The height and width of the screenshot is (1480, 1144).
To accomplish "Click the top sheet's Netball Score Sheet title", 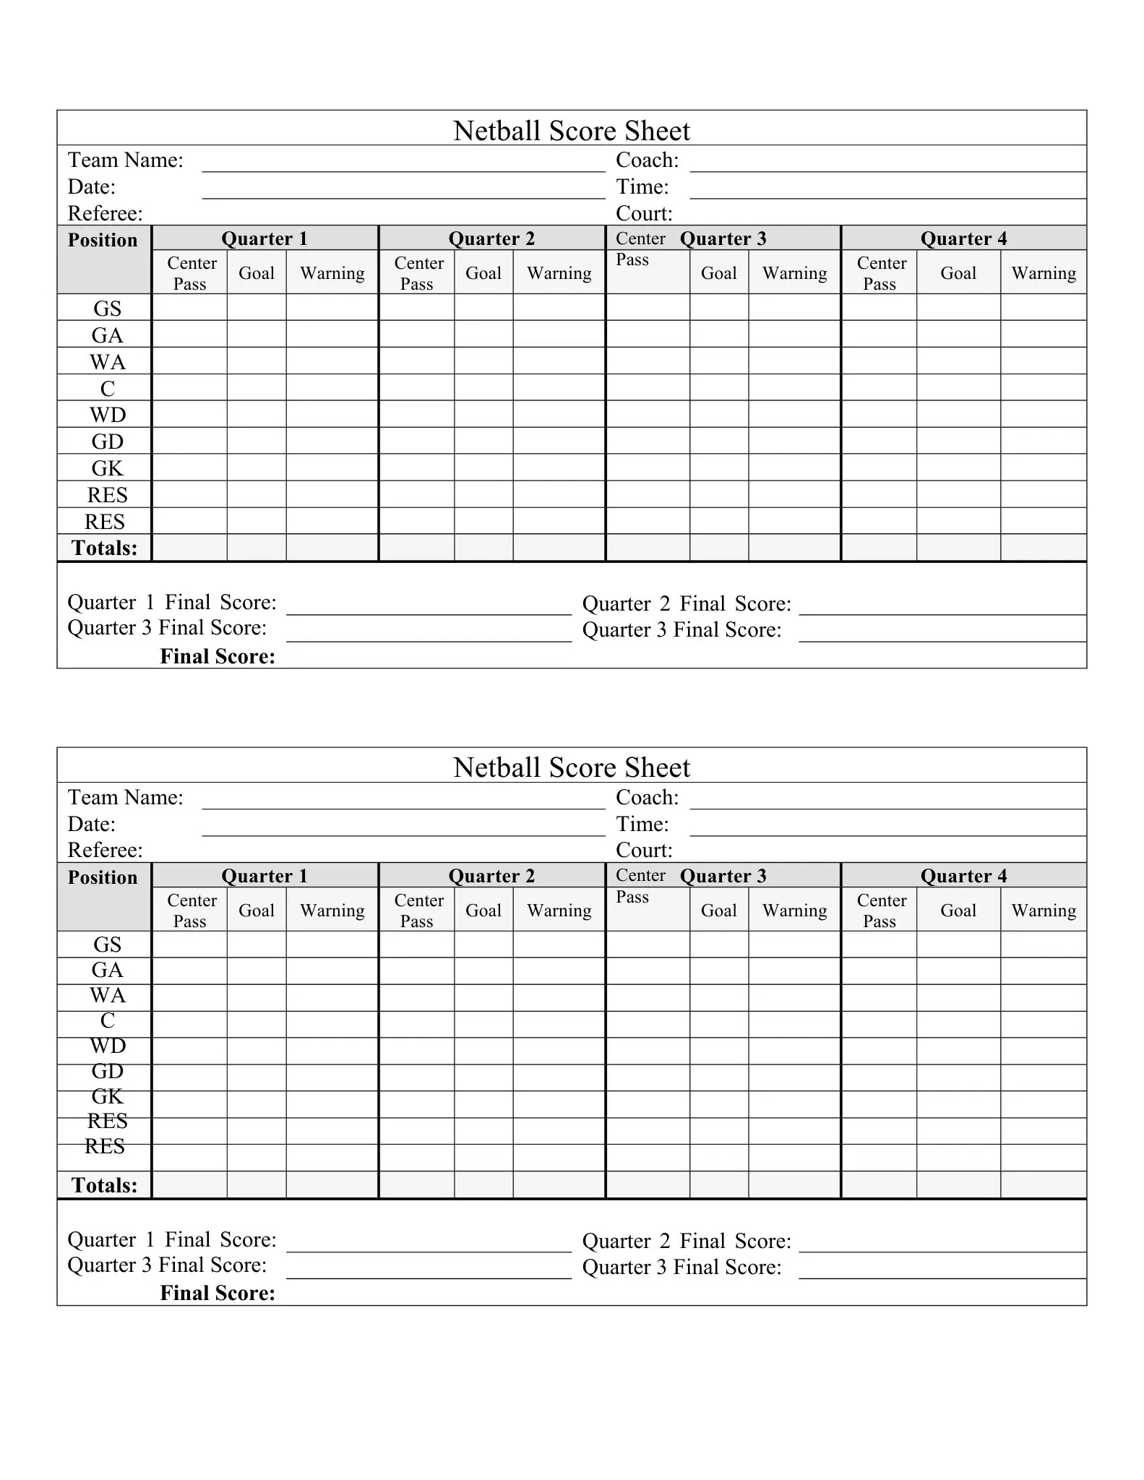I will click(571, 131).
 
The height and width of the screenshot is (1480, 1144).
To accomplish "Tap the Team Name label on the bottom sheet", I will click(125, 797).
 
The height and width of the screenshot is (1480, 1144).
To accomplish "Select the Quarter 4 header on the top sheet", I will click(963, 238).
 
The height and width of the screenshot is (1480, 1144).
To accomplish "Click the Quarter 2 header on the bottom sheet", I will click(491, 876).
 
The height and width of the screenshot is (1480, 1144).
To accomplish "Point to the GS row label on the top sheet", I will click(107, 309).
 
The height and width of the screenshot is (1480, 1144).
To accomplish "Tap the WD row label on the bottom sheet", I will click(107, 1046).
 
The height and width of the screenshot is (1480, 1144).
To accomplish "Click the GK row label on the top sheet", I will click(107, 468).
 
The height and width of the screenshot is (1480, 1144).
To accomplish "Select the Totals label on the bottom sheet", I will click(104, 1185).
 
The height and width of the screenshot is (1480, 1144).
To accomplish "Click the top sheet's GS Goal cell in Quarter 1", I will click(257, 307).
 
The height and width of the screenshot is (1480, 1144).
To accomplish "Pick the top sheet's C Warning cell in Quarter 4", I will click(1043, 387).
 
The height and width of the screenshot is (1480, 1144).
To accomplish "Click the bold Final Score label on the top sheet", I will click(217, 656).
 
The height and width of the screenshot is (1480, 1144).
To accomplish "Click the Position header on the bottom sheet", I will click(103, 877).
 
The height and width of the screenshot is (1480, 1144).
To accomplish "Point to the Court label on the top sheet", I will click(644, 213).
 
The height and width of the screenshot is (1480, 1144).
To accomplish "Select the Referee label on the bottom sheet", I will click(105, 850).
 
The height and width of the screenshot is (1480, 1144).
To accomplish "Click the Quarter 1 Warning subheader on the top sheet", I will click(332, 273).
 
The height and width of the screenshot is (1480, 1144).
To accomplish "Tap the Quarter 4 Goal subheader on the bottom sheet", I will click(958, 911).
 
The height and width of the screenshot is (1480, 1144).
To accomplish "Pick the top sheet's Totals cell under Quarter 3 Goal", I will click(719, 548).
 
